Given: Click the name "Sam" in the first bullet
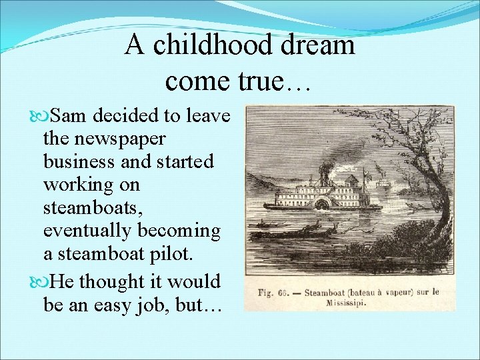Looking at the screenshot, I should pyautogui.click(x=70, y=117).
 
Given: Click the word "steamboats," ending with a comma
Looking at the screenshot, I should pyautogui.click(x=92, y=207).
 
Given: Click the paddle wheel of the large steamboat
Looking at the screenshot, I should pyautogui.click(x=324, y=203).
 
